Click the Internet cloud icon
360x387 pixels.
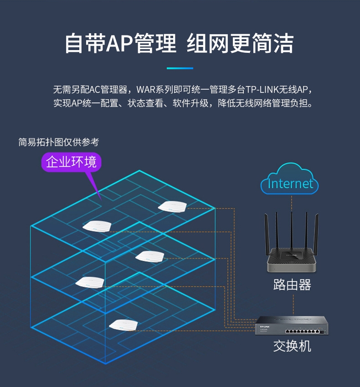[289, 182]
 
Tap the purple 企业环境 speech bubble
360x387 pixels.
[72, 162]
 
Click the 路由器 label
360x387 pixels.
[292, 285]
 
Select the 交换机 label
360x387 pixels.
[292, 346]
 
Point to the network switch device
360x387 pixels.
[292, 326]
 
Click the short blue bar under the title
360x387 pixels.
[180, 68]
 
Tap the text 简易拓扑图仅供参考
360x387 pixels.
[58, 142]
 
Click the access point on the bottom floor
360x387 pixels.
[123, 325]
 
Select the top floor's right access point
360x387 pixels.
[173, 206]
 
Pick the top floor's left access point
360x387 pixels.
[97, 225]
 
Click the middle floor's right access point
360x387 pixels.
[149, 256]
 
